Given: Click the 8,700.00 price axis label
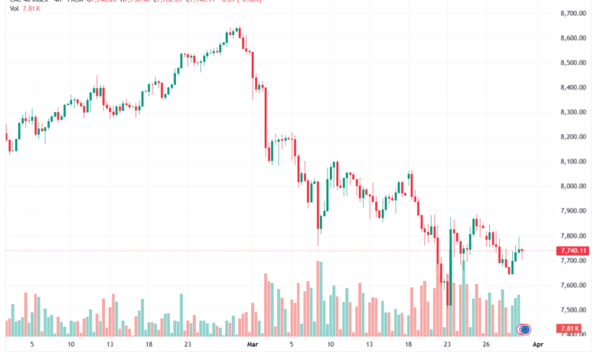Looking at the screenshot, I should [573, 14].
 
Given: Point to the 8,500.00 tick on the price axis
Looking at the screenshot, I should [573, 63].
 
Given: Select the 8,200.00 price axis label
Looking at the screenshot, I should [573, 137].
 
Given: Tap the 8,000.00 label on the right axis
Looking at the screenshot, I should [573, 186].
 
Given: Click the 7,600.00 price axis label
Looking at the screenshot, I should [573, 285].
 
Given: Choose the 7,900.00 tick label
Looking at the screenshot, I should [573, 211].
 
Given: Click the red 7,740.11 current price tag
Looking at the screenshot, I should [573, 250].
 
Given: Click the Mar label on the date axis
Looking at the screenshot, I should [253, 345].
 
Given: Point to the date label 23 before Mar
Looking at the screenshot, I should [188, 345].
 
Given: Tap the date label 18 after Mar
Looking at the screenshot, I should [409, 345].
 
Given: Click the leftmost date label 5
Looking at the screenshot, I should [31, 345].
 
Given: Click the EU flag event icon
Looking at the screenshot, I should [525, 329].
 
